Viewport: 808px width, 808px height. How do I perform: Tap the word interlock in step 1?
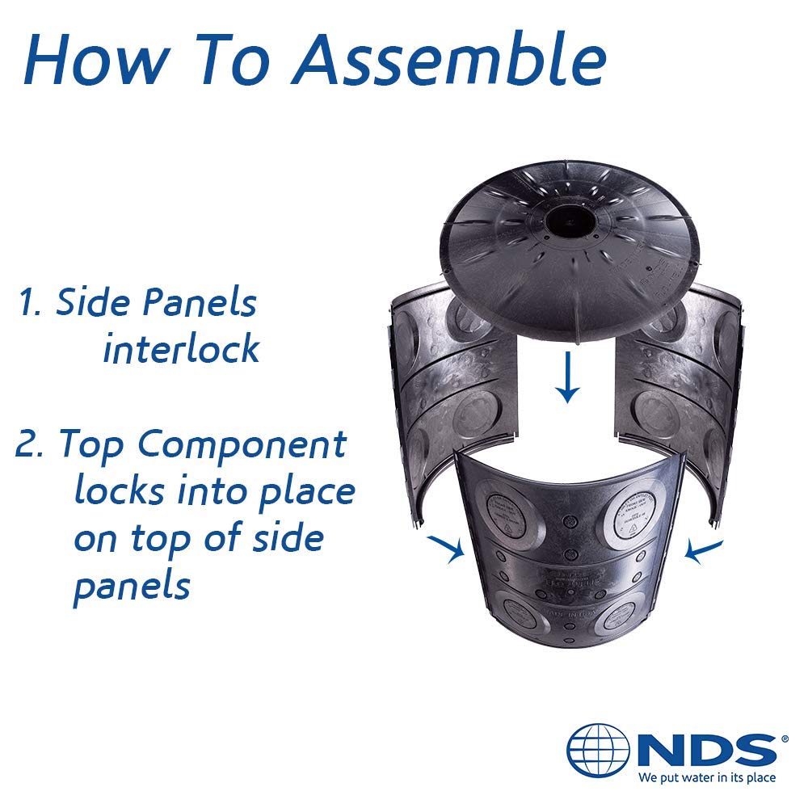tap(181, 349)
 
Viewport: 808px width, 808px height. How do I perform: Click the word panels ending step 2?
tap(131, 587)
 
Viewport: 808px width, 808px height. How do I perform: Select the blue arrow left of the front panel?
tap(448, 548)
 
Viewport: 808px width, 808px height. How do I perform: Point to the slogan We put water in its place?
tap(706, 778)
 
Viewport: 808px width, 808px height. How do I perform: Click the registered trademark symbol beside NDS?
tap(781, 739)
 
